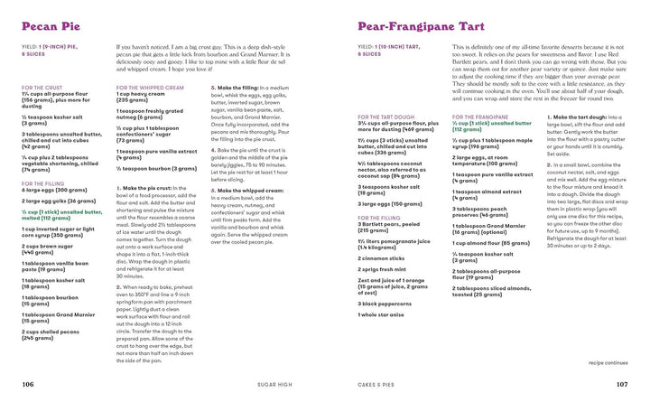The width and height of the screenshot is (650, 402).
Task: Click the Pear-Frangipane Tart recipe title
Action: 410,26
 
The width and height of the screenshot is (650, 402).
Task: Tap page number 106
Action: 28,384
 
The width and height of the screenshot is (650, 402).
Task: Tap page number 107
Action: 621,384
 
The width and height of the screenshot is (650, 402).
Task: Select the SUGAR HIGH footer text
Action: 272,384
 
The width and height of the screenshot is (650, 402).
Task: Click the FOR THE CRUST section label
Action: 45,88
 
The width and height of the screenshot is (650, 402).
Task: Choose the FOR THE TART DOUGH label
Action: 389,117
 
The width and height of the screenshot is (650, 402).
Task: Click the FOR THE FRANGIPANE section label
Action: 484,117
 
